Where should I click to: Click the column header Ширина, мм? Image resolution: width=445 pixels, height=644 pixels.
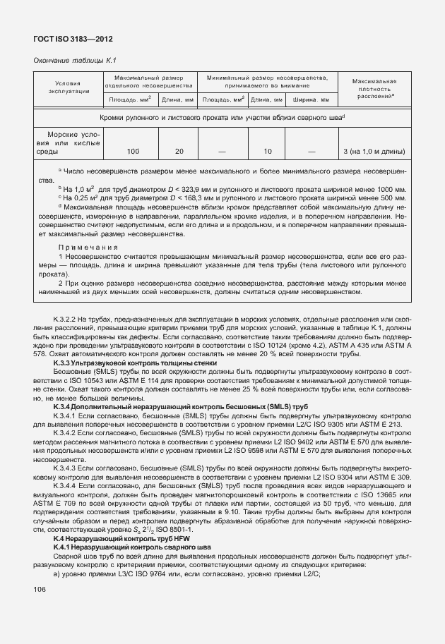coord(311,100)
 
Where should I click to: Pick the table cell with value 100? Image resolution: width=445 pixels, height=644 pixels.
coord(133,152)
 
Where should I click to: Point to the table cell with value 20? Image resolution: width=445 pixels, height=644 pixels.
coord(179,152)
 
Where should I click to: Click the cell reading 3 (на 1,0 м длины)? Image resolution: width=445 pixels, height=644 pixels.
coord(373,152)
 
